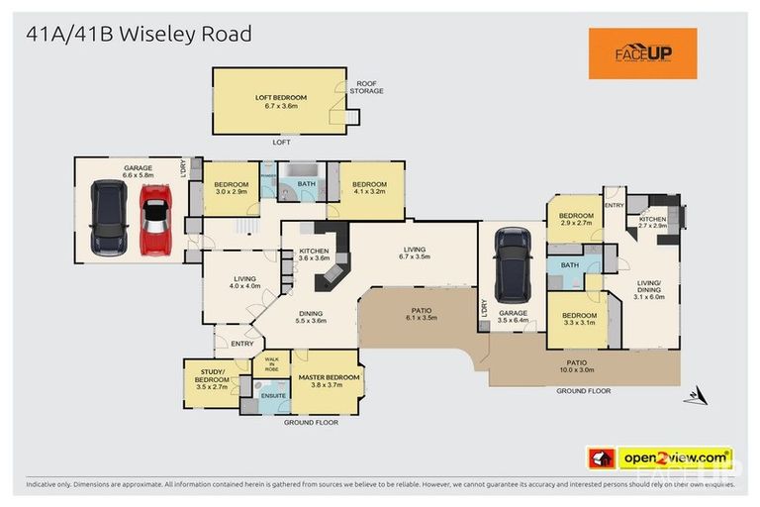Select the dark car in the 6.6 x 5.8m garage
click(x=108, y=219)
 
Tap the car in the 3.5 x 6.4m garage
click(x=513, y=265)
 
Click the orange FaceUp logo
click(x=642, y=53)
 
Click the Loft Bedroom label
click(x=281, y=101)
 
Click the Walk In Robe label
click(x=271, y=363)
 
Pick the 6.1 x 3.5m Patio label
click(x=421, y=314)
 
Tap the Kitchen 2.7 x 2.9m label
click(x=652, y=223)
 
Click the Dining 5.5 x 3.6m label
click(x=310, y=316)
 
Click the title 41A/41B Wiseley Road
click(x=139, y=34)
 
